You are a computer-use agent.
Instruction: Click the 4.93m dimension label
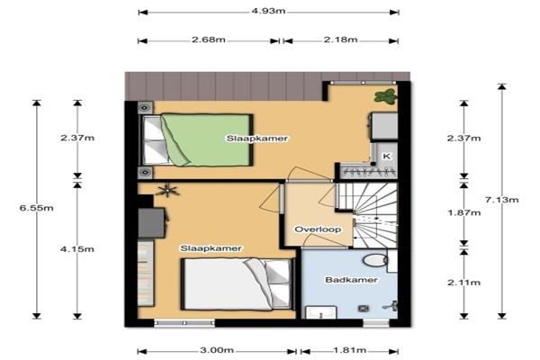point(268,11)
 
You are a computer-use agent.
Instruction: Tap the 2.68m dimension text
point(209,40)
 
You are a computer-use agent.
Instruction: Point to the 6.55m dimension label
point(37,208)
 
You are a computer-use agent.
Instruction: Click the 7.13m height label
point(501,200)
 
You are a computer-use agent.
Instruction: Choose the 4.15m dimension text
point(77,249)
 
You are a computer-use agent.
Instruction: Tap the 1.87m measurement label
point(463,213)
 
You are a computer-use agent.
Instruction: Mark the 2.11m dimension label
point(463,283)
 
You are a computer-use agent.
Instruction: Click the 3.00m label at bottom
point(217,350)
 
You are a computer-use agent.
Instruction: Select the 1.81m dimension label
point(350,350)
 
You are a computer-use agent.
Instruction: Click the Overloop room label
point(318,229)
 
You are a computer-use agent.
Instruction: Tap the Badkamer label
point(351,280)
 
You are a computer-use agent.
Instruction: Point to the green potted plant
point(385,95)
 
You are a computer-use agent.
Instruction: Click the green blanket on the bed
point(207,139)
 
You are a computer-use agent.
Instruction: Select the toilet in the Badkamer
point(375,260)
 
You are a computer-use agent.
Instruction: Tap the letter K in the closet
point(387,156)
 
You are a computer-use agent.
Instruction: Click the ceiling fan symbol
point(167,190)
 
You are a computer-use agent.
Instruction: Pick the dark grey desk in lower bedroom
point(151,222)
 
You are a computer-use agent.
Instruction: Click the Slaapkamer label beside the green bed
point(256,139)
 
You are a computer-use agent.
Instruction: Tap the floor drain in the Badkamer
point(363,309)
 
